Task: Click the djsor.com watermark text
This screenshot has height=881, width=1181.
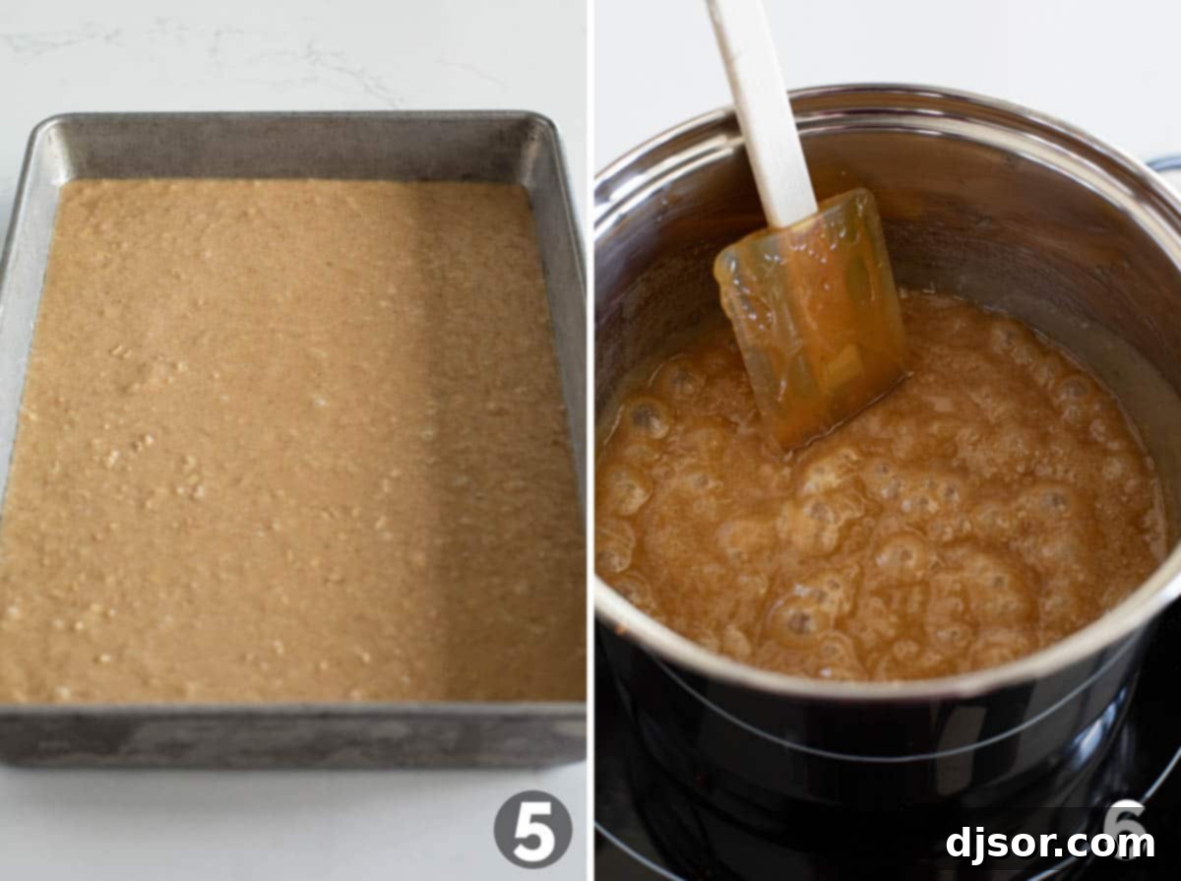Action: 1050,843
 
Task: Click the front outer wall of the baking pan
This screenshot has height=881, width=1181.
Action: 290,734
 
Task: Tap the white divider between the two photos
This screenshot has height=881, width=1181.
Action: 590,440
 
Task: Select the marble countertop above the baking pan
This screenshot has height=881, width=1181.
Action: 290,54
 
